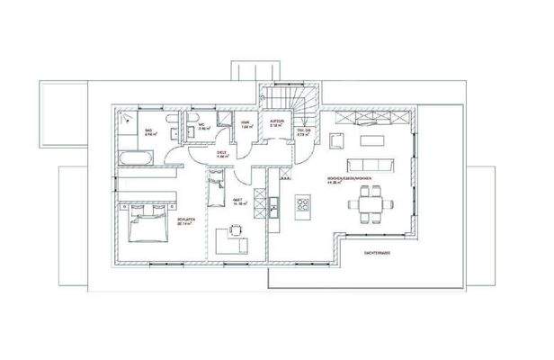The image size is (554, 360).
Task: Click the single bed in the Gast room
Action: click(217, 188)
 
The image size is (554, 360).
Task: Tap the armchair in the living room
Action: click(337, 139)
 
